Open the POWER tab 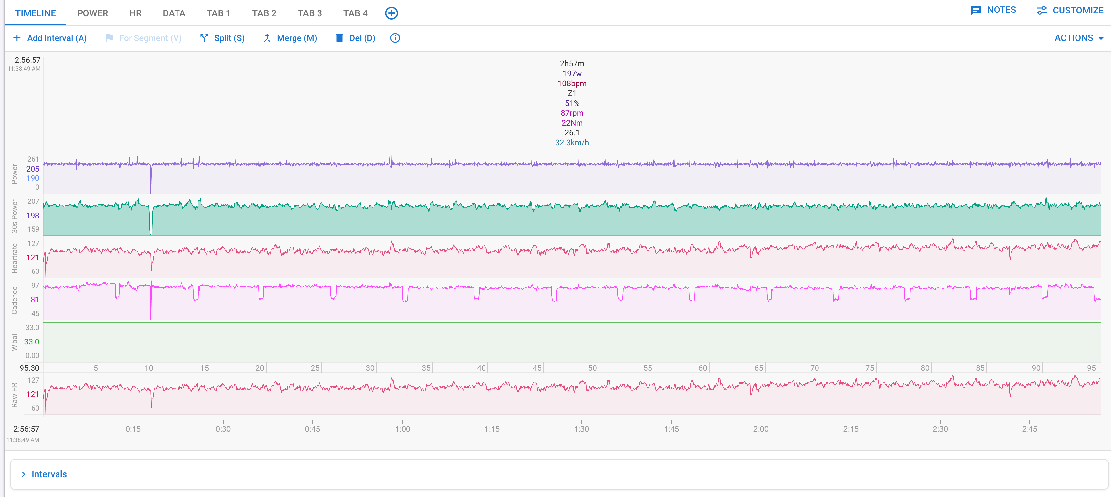point(92,13)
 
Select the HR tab point(135,13)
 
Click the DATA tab point(174,13)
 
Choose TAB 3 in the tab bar point(310,13)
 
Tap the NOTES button point(993,10)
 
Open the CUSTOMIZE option point(1070,11)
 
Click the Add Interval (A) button point(50,38)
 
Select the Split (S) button point(222,38)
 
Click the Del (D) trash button point(355,38)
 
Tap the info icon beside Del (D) point(395,38)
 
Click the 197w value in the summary point(572,73)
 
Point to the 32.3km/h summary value point(572,142)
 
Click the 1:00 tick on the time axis point(402,428)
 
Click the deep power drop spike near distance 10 point(151,179)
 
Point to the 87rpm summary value point(572,113)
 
